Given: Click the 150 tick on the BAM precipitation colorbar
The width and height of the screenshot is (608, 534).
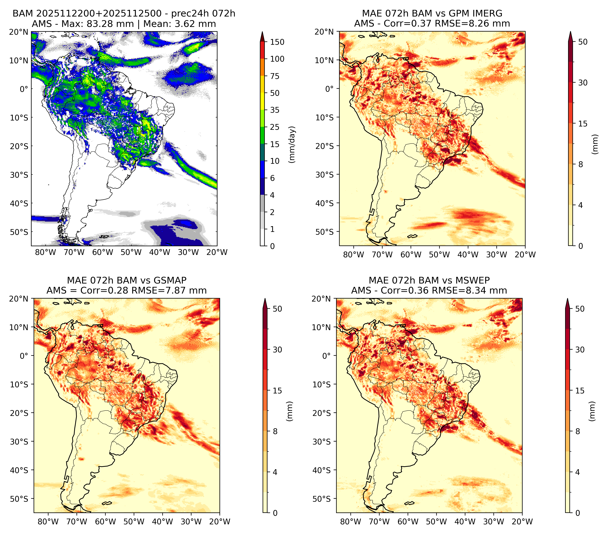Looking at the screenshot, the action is (277, 42).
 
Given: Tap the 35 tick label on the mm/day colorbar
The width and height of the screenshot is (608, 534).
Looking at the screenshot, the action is (274, 110).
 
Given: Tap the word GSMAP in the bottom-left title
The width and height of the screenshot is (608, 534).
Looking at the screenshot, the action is (170, 280).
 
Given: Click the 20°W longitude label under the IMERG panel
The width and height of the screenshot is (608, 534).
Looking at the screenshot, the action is (525, 255).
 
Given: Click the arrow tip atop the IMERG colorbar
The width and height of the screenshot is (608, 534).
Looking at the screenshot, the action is (570, 32).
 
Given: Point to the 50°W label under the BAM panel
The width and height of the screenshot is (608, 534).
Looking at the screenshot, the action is (131, 252).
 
